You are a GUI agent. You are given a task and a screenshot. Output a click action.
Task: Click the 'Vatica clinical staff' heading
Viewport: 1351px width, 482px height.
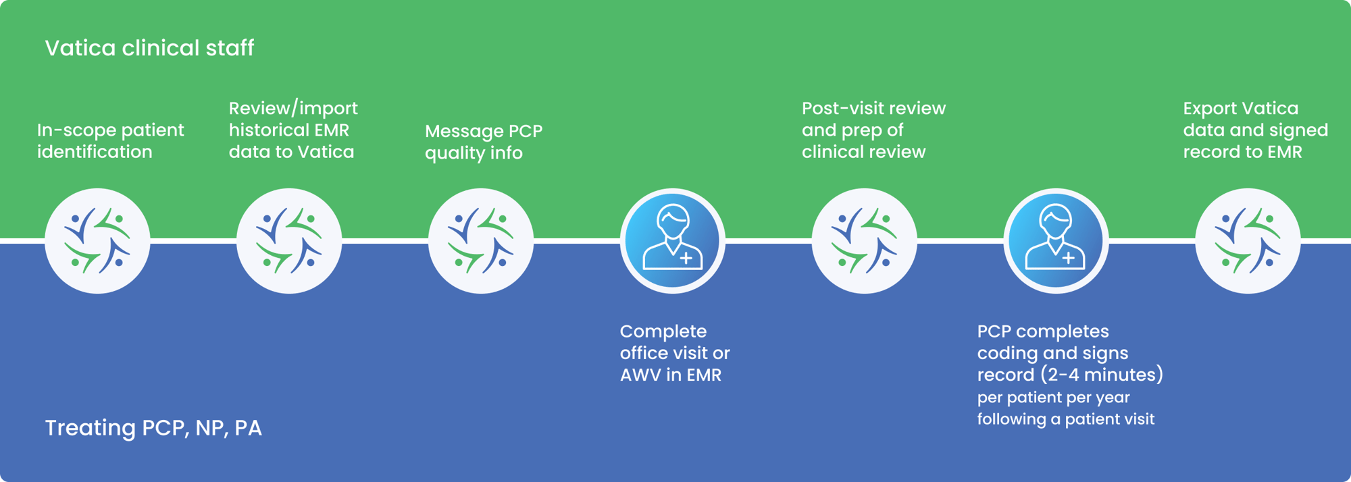pos(149,48)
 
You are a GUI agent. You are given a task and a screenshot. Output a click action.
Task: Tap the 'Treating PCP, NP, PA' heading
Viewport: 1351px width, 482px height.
pos(153,428)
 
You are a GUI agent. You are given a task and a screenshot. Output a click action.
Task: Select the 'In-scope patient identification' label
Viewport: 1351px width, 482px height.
pos(110,140)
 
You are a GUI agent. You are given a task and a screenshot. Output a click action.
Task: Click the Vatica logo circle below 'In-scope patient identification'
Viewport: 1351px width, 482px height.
pos(97,241)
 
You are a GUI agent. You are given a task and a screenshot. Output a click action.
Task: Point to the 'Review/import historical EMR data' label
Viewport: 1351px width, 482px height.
pos(293,130)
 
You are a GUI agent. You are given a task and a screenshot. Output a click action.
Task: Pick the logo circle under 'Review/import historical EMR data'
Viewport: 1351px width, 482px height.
pos(289,241)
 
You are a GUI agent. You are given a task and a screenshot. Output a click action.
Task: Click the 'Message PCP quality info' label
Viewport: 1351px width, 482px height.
pos(484,142)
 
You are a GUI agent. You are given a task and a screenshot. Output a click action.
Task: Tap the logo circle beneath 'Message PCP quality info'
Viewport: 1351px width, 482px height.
pos(481,241)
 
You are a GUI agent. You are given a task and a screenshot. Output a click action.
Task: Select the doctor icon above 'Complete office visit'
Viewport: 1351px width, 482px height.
pos(672,241)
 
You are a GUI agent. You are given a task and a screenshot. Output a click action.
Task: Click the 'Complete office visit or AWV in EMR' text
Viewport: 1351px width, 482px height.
pos(675,353)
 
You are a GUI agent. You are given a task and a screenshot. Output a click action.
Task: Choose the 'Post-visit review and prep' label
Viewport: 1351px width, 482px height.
pos(873,130)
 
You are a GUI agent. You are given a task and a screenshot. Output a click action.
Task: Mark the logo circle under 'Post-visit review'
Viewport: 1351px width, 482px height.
pos(864,241)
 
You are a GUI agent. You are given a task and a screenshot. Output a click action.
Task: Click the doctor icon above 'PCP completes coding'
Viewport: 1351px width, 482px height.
pos(1056,241)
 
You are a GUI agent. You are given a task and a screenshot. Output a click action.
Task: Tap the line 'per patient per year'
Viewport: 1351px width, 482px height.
pos(1053,398)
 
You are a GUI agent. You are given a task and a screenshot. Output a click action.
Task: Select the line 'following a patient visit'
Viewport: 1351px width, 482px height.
pos(1065,419)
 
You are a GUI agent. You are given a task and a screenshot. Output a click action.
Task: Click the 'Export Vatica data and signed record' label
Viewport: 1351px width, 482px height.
pos(1255,130)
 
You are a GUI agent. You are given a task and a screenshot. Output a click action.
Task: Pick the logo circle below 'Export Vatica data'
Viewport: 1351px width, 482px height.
pos(1248,241)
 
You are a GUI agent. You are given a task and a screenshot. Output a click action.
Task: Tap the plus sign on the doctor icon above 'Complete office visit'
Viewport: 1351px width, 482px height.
pos(686,258)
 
